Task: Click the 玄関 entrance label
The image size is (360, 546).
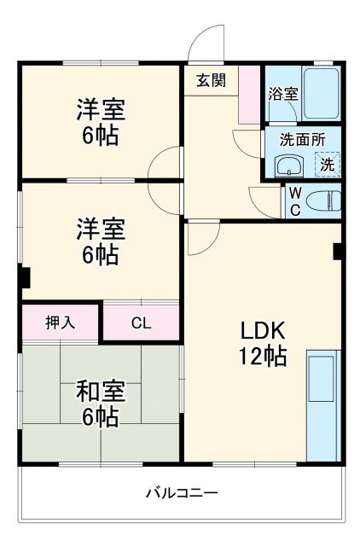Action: [x=210, y=80]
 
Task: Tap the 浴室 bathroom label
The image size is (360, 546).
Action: [x=283, y=94]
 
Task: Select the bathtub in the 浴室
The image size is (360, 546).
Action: [x=321, y=95]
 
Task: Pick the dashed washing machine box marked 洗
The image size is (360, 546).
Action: [x=326, y=165]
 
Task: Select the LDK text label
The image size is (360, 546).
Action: [x=260, y=330]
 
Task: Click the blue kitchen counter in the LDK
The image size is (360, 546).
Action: [x=322, y=405]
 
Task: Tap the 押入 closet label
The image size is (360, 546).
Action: [x=61, y=322]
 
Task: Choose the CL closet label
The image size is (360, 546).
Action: [x=141, y=322]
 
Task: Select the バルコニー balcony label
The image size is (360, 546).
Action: [x=180, y=492]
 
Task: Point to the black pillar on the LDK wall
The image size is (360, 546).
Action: [x=339, y=252]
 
